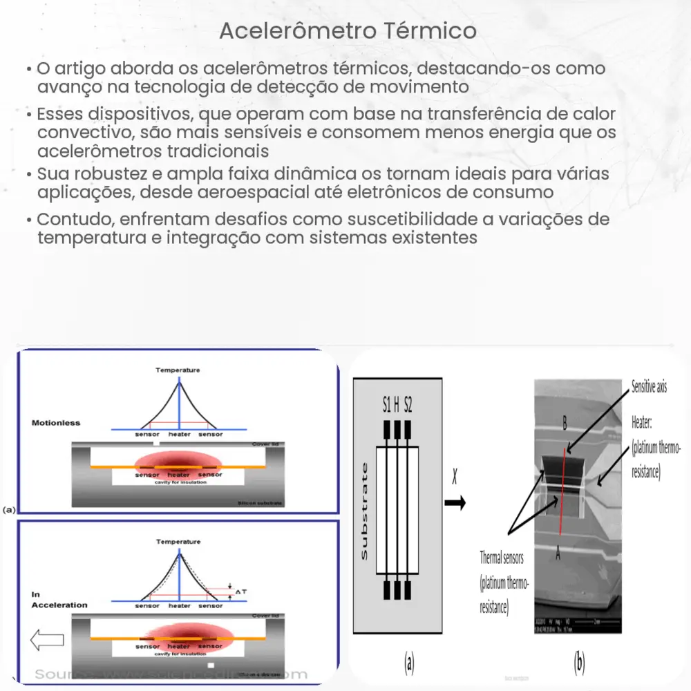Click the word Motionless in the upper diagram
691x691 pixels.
(56, 422)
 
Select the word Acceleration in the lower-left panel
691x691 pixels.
(59, 605)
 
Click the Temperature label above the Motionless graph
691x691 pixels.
(178, 370)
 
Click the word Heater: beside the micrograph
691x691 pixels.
(645, 421)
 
